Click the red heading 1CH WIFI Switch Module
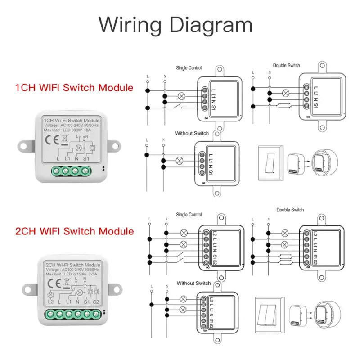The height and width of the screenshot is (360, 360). click(74, 87)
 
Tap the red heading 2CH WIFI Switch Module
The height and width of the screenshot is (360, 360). click(74, 231)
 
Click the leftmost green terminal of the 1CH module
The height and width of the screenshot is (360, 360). click(57, 171)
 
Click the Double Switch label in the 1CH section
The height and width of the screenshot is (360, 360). click(286, 66)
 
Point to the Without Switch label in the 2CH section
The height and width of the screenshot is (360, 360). click(193, 283)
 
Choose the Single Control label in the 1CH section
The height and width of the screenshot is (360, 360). click(189, 68)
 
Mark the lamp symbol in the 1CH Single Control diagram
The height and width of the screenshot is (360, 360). click(182, 95)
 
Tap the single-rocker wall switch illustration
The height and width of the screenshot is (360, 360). click(270, 159)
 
